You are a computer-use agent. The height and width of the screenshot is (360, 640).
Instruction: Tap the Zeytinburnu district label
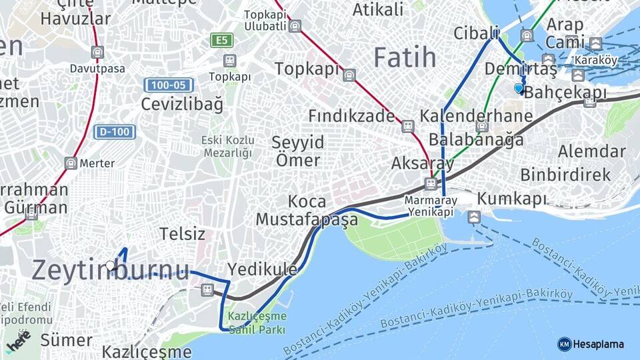tap(111, 269)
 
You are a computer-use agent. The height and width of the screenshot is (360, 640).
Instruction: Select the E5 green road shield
tap(222, 41)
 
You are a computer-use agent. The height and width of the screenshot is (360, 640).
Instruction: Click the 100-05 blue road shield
tap(168, 85)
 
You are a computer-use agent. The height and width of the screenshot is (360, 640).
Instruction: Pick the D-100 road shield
tap(115, 132)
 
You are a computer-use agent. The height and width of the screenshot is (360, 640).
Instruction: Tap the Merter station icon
tap(71, 163)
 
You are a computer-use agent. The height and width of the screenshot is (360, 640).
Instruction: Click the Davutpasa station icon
tap(98, 51)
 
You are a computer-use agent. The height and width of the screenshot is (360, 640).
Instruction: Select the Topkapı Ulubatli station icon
tap(295, 27)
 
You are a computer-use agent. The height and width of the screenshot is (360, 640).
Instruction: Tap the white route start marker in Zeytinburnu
tap(111, 265)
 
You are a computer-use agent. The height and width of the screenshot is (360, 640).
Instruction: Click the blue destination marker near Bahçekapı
tap(519, 88)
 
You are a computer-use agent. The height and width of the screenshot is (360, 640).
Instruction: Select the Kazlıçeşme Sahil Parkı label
tap(257, 323)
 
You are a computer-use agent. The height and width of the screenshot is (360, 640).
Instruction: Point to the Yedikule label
tap(263, 269)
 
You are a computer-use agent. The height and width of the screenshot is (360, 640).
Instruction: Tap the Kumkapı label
tap(511, 199)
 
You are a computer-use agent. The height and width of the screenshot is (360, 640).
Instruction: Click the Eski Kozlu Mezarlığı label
tap(228, 147)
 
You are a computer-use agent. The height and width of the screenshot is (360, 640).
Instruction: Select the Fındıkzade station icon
tap(407, 125)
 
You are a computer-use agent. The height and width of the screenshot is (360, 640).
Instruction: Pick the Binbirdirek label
tap(565, 175)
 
